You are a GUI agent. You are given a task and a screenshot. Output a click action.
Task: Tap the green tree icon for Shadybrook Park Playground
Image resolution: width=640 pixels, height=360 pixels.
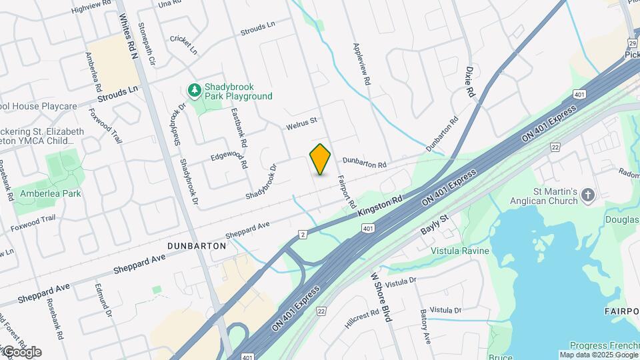click(194, 89)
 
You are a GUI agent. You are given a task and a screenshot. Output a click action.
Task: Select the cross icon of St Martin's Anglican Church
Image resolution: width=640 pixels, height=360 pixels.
click(587, 195)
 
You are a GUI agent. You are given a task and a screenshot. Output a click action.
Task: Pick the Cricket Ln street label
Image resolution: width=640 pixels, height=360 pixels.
click(183, 44)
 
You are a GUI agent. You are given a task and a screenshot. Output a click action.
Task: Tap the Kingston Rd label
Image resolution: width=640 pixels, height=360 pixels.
click(381, 205)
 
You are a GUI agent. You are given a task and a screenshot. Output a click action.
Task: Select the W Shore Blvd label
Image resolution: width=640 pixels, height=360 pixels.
click(380, 297)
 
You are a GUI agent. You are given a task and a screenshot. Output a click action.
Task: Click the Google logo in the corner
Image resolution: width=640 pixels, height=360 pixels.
click(21, 351)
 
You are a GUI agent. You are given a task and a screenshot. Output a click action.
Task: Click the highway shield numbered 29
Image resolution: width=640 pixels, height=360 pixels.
click(632, 43)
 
